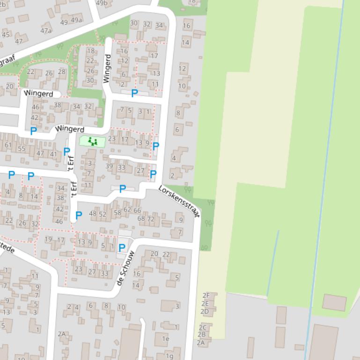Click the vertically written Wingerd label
(108, 69)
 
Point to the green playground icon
(92, 141)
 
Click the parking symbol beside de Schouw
(122, 248)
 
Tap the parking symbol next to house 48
(79, 216)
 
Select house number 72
(151, 219)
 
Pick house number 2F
(206, 295)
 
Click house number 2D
(205, 311)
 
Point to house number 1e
(165, 338)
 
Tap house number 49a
(76, 20)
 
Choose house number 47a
(46, 31)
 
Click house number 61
(8, 145)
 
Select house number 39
(109, 166)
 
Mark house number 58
(118, 212)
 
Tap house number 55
(22, 149)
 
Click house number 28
(62, 72)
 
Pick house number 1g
(169, 356)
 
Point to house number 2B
(202, 334)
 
